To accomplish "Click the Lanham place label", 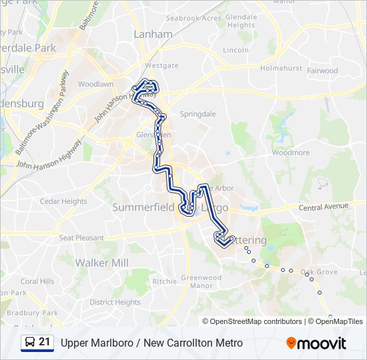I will (x=153, y=33).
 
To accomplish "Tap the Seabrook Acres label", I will (x=193, y=18).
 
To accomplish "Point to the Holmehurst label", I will (x=281, y=68).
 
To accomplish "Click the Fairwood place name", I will (x=322, y=71).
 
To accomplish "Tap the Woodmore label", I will (x=291, y=153).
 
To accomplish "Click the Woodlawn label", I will (x=95, y=85).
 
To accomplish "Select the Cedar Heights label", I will (x=63, y=201).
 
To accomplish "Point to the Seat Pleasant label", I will (x=81, y=238).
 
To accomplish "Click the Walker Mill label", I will (x=101, y=263).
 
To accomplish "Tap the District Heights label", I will (x=115, y=302).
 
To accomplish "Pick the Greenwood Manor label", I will (x=201, y=281).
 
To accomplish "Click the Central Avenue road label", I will (x=324, y=207).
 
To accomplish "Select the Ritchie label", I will (x=164, y=281).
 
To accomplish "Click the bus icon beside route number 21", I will (x=30, y=343).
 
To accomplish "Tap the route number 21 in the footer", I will (x=45, y=343).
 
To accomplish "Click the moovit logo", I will (x=316, y=343).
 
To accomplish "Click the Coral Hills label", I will (x=37, y=281).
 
